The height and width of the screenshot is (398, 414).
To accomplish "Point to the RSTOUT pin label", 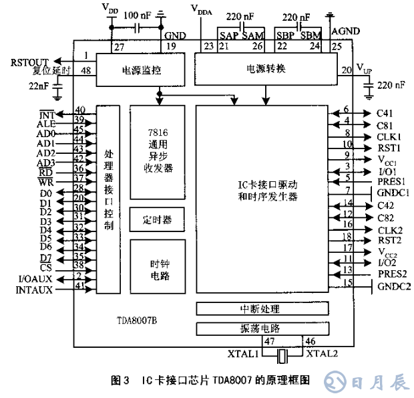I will click(x=30, y=62).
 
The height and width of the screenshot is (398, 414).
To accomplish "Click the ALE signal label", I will click(x=46, y=123).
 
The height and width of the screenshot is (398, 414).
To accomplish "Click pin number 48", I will click(x=85, y=71).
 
